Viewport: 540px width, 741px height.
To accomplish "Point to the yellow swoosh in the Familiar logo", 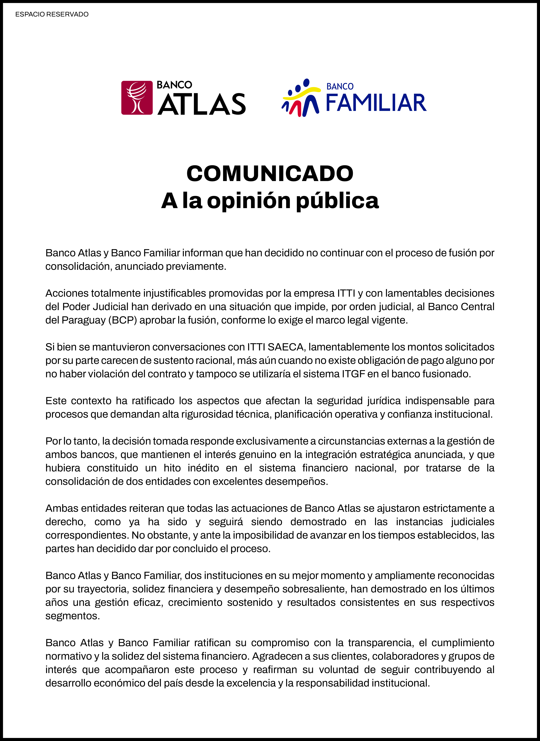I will click(302, 93).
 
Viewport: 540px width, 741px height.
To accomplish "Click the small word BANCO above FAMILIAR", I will click(340, 87).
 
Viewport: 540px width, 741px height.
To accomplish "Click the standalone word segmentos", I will click(73, 616).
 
